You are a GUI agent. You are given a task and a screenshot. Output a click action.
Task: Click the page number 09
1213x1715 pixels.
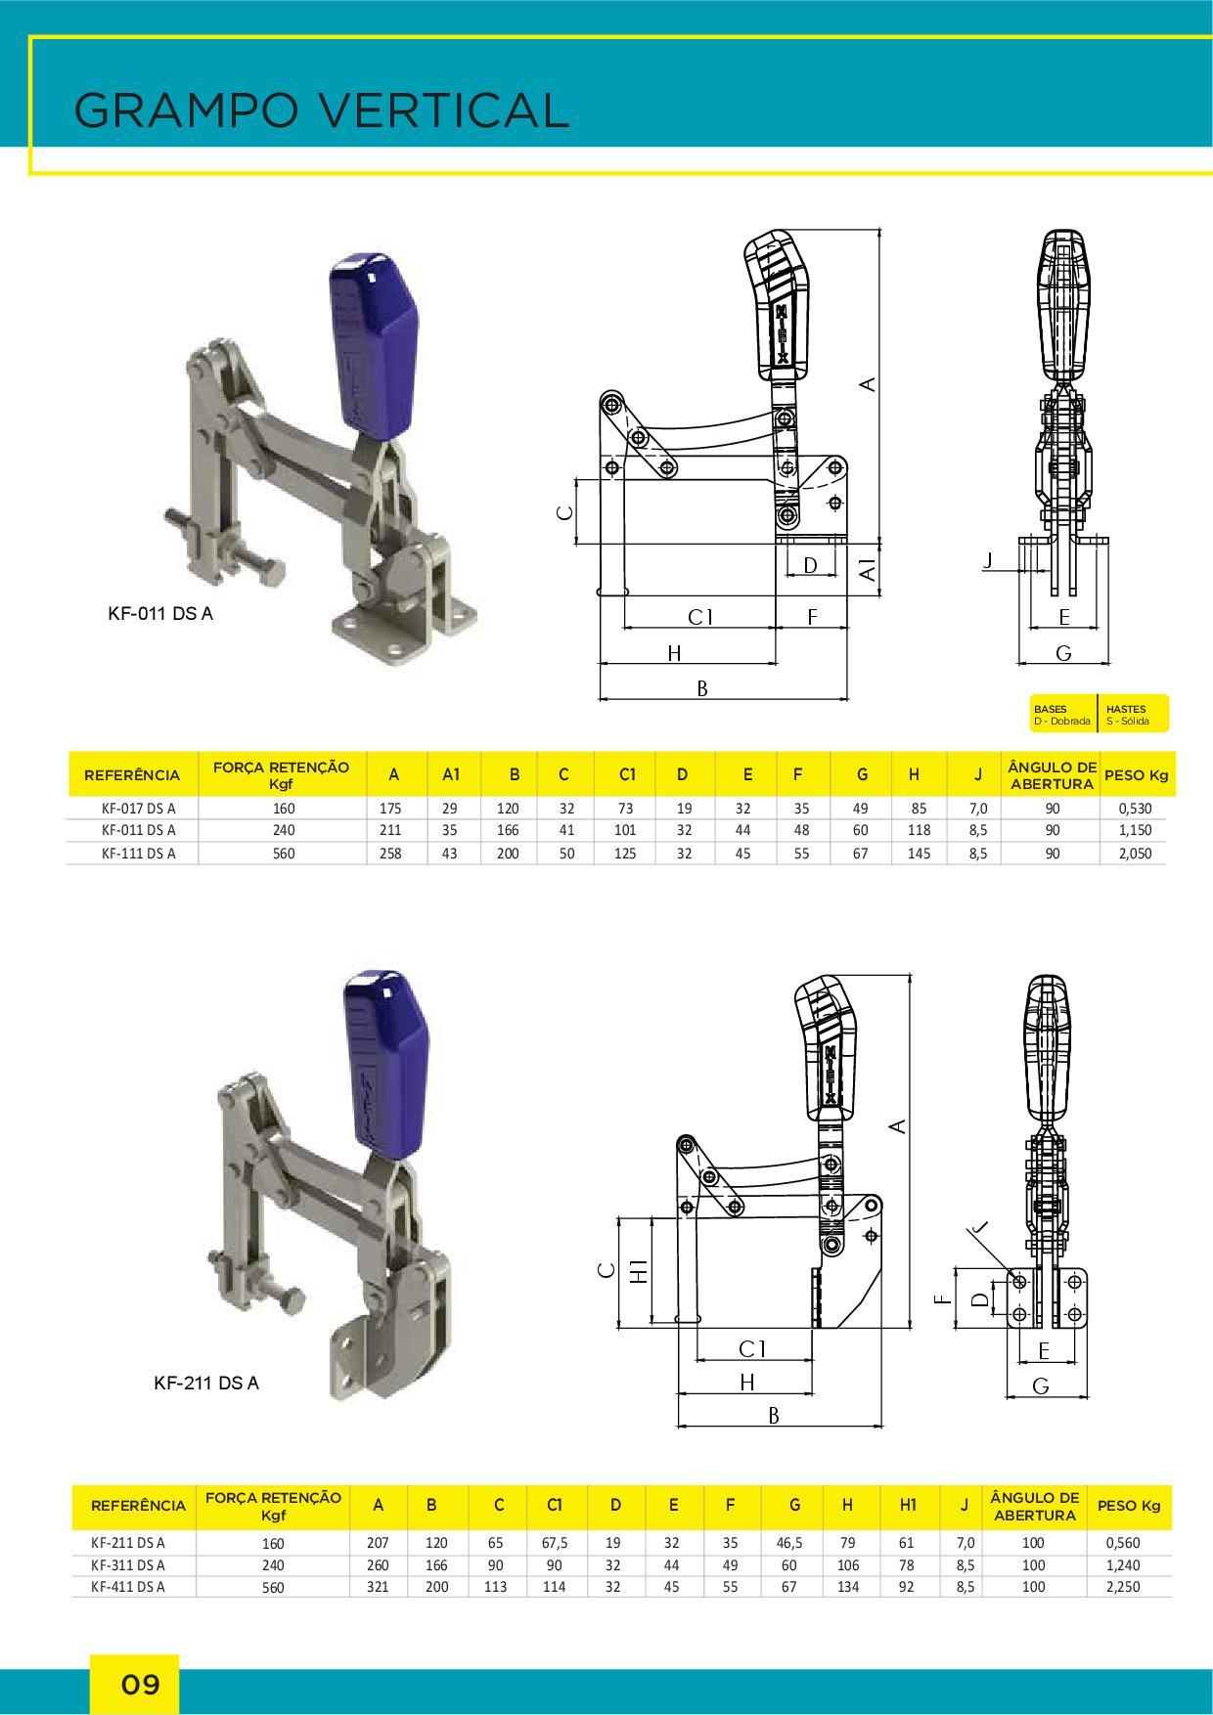point(140,1685)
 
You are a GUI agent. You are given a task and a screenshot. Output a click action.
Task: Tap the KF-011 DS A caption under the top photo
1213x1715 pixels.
point(159,614)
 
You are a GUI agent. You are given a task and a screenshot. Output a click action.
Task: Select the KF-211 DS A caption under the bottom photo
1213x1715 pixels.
point(206,1383)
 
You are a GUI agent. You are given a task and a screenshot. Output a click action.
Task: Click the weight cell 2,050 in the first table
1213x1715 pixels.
point(1134,853)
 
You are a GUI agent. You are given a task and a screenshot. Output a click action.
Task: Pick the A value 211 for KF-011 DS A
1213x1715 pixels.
point(390,830)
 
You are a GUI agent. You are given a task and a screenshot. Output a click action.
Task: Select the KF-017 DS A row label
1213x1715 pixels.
point(138,809)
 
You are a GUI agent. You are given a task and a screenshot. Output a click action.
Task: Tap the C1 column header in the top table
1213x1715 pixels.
point(627,774)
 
